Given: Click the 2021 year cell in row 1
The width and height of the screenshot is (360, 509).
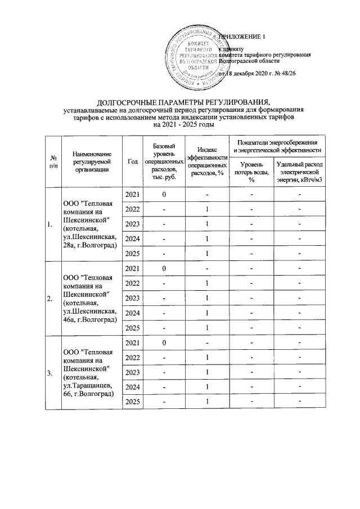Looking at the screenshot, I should click(x=132, y=195).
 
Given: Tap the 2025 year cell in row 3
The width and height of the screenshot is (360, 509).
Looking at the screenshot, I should click(x=132, y=401).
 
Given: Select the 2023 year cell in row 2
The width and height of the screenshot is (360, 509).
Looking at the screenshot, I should click(x=132, y=298).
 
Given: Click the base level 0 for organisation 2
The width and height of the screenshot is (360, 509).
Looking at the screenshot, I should click(x=164, y=268).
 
